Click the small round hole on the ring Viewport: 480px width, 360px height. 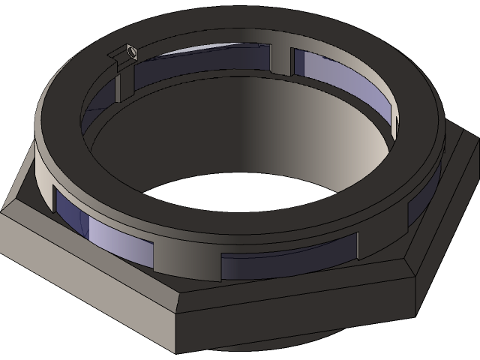[x=132, y=52]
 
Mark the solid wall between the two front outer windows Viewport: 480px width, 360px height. [x=187, y=255]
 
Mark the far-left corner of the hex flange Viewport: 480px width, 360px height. [x=2, y=217]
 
